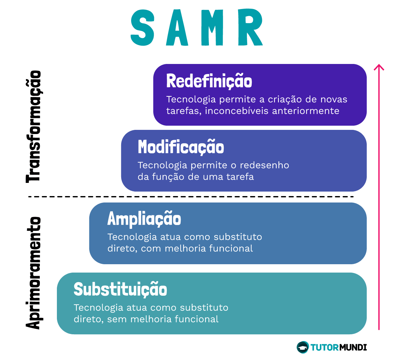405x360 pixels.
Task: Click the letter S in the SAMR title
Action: point(143,28)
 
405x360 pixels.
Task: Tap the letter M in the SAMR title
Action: point(212,28)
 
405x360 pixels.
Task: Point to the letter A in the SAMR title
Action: point(177,28)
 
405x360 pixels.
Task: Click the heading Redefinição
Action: point(209,81)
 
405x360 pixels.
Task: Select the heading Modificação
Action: point(181,147)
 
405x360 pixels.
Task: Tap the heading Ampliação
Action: point(144,219)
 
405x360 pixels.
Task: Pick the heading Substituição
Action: point(120,289)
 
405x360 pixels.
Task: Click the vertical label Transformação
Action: point(33,127)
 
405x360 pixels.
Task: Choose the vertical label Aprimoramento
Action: point(33,273)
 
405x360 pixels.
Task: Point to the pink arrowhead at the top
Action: point(379,67)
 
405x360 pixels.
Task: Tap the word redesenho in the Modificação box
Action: point(265,165)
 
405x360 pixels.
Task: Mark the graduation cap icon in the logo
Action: point(302,347)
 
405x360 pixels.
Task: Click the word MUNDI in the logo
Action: point(353,347)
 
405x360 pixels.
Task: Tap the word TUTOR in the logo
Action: point(324,347)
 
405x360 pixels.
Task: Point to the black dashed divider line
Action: point(191,197)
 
